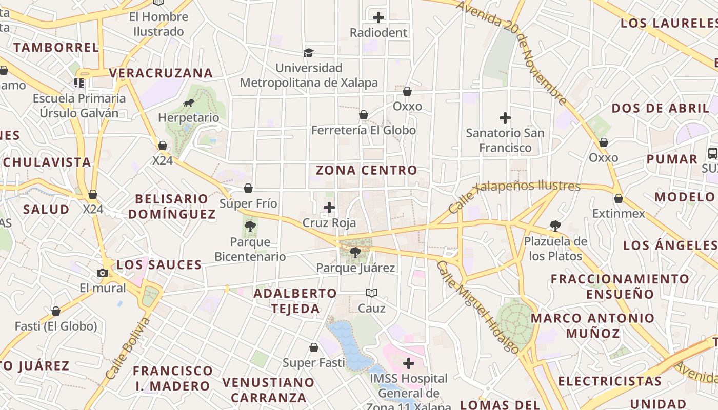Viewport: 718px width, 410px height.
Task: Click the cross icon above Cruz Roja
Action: pyautogui.click(x=329, y=208)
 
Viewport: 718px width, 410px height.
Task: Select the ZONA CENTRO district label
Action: pyautogui.click(x=366, y=170)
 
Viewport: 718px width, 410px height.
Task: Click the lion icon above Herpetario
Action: pyautogui.click(x=189, y=103)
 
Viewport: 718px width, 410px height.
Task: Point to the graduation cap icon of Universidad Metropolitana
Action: pyautogui.click(x=308, y=53)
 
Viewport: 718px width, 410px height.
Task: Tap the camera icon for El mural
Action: pyautogui.click(x=103, y=273)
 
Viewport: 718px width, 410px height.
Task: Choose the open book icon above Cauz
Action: pyautogui.click(x=372, y=293)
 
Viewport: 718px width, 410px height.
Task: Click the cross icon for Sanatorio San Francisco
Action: pyautogui.click(x=505, y=118)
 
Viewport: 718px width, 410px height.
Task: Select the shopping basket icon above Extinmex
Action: pyautogui.click(x=619, y=198)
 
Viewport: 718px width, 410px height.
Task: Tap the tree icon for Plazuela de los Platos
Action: pyautogui.click(x=555, y=225)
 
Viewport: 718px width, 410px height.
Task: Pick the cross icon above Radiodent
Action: pyautogui.click(x=378, y=17)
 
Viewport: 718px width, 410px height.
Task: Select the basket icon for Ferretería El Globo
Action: pyautogui.click(x=364, y=115)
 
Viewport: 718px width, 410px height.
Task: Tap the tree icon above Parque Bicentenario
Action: pyautogui.click(x=250, y=226)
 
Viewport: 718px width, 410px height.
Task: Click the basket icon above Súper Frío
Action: pyautogui.click(x=248, y=188)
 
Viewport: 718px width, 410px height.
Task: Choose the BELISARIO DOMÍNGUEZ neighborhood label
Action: pyautogui.click(x=172, y=206)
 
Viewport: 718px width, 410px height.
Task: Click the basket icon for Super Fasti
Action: pyautogui.click(x=314, y=348)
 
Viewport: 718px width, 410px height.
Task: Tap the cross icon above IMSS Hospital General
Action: pyautogui.click(x=409, y=363)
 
